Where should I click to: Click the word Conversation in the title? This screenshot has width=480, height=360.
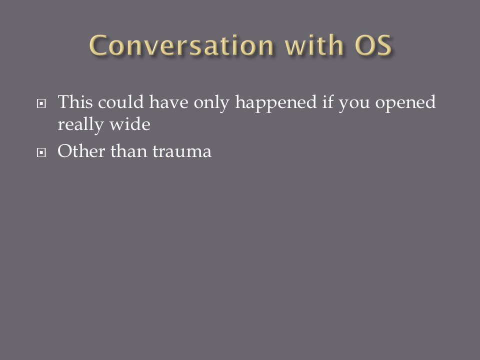[181, 45]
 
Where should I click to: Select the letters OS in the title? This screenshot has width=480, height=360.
[373, 45]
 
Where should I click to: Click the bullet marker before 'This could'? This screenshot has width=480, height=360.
[41, 103]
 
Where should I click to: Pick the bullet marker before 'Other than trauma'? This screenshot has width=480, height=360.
[41, 152]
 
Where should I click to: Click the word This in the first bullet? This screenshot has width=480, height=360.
[75, 101]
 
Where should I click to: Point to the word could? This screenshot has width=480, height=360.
[121, 101]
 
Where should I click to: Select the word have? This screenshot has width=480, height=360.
[168, 102]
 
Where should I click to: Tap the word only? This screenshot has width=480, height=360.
[211, 103]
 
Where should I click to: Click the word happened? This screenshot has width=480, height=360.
[276, 103]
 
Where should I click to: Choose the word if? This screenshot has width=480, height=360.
[327, 101]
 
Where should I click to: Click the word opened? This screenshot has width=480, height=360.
[405, 103]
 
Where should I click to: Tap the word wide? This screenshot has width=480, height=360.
[130, 124]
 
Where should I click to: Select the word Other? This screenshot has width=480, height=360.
[81, 151]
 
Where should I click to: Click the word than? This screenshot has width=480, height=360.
[128, 151]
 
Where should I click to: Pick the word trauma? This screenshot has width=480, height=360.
[182, 151]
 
